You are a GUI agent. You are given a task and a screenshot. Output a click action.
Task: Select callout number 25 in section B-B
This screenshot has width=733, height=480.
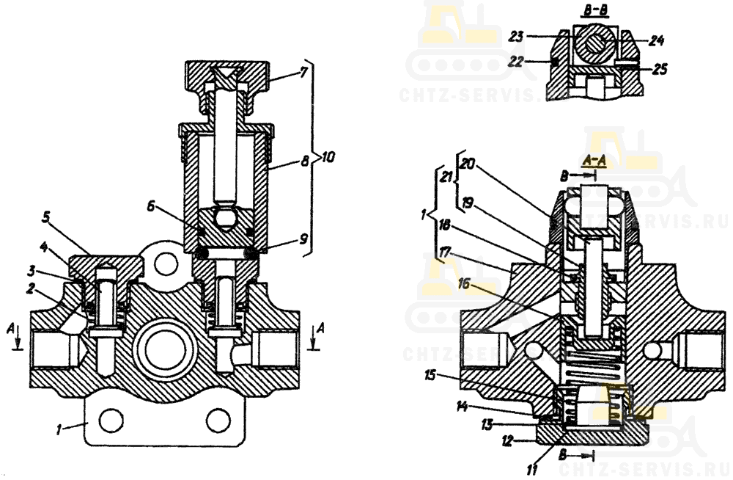click(x=660, y=70)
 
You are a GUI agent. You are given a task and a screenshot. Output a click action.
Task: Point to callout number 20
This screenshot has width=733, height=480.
click(x=465, y=166)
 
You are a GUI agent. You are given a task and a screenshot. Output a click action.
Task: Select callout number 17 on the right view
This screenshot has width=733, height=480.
click(x=444, y=254)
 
